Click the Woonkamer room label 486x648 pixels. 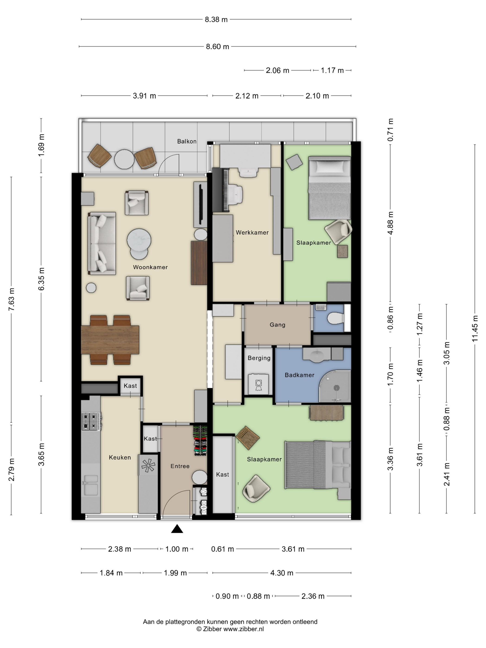coord(150,267)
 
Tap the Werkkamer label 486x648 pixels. coord(252,233)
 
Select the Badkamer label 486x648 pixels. coord(299,375)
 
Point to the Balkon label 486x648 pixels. coord(187,141)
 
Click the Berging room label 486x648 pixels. coord(259,358)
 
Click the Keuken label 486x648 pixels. coord(120,458)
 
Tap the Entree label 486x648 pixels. coord(180,466)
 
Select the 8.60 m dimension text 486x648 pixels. coord(217,47)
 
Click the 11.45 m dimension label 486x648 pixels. coord(475,328)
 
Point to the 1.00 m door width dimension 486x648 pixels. coord(177,549)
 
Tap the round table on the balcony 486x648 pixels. coord(124,159)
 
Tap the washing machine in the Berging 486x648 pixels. coord(258,384)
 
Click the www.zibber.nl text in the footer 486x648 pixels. coord(243,629)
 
